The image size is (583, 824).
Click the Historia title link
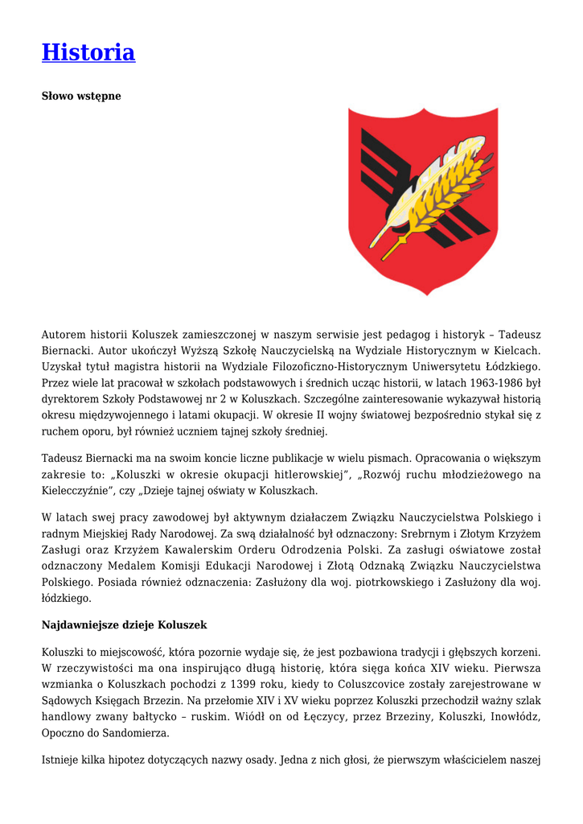tap(88, 52)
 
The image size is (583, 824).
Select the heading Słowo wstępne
tap(81, 96)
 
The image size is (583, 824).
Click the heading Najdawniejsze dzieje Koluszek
tap(125, 624)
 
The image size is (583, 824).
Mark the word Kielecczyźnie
tap(76, 490)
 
